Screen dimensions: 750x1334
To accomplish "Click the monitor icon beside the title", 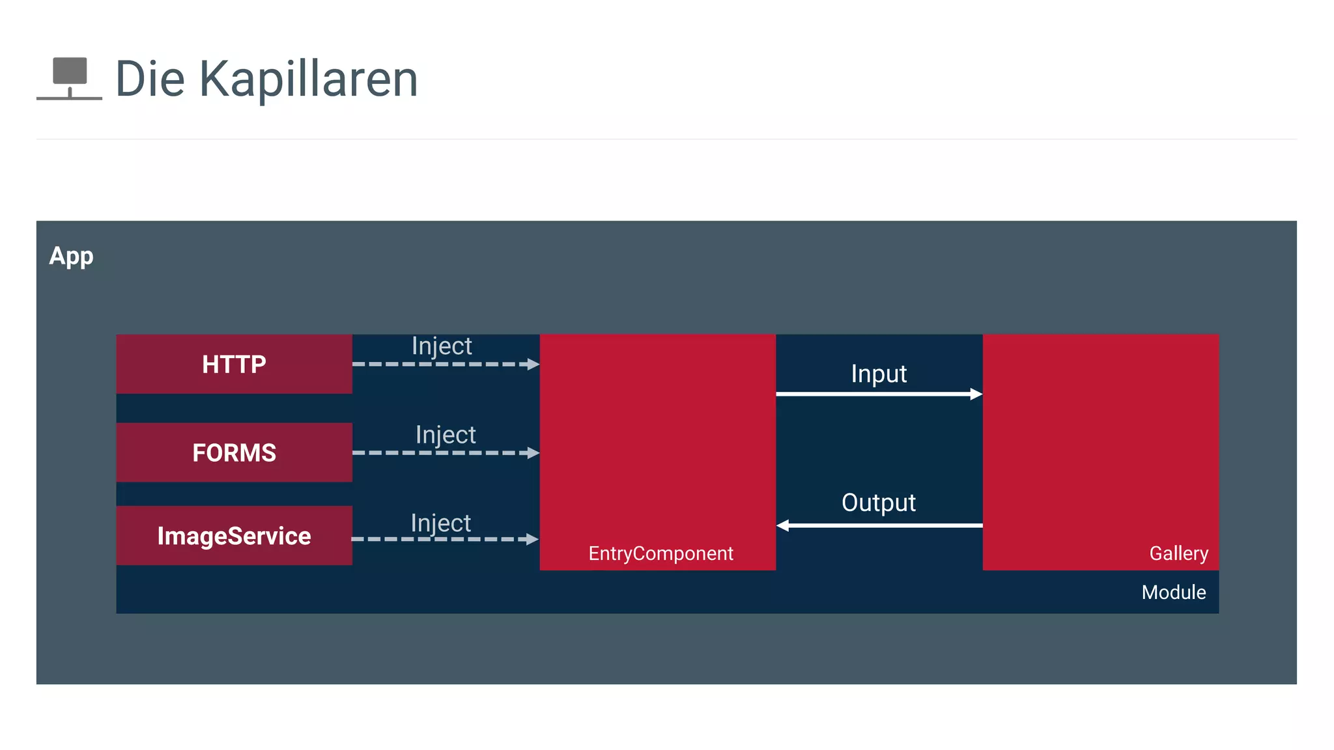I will [69, 77].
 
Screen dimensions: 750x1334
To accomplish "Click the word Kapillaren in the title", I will [308, 79].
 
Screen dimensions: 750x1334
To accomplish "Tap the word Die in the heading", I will [150, 79].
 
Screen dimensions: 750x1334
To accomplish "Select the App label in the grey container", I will [71, 256].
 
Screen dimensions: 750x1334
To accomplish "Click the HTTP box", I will [234, 364].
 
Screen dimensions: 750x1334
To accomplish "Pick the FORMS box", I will [234, 452].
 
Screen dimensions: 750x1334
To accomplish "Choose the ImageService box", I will [234, 536].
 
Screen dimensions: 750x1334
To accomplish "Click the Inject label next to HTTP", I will [442, 346].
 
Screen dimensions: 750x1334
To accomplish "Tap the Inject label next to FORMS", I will [446, 435].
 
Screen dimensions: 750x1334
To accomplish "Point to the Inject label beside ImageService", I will [440, 523].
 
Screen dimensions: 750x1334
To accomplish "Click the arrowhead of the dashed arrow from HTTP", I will [533, 365].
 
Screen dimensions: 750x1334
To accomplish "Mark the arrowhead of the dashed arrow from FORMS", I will [533, 452].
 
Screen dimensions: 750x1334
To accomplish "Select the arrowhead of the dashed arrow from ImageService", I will [532, 539].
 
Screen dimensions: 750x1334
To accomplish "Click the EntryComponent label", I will [660, 553].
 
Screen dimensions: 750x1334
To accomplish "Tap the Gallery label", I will [1178, 553].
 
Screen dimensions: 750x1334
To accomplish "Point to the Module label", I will [1173, 592].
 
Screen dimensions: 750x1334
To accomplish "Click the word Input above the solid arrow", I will [879, 374].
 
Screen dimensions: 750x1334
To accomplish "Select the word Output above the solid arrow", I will [879, 503].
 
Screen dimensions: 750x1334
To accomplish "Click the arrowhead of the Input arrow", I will [976, 394].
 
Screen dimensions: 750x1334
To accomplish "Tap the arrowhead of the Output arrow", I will [783, 525].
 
